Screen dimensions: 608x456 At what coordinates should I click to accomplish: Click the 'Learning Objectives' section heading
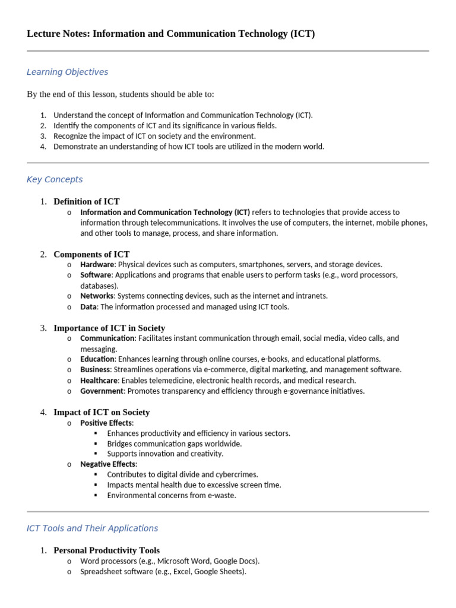coord(67,72)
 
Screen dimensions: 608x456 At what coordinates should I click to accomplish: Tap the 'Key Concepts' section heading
coord(55,179)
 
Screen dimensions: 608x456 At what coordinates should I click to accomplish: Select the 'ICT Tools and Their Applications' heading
coord(92,528)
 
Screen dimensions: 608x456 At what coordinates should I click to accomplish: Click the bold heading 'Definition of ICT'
coord(87,201)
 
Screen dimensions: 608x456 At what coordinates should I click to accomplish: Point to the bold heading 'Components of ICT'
coord(91,254)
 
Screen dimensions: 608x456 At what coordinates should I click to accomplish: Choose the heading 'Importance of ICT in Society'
coord(109,328)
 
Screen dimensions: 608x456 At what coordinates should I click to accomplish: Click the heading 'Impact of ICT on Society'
coord(102,412)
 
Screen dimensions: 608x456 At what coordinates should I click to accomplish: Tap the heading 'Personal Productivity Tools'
coord(106,550)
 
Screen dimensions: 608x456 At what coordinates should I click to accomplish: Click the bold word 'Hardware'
coord(97,264)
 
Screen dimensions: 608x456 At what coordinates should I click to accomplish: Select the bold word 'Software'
coord(96,275)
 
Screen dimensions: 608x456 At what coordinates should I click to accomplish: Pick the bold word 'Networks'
coord(97,296)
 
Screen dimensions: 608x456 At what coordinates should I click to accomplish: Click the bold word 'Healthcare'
coord(99,380)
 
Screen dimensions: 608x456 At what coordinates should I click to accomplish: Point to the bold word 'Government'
coord(102,391)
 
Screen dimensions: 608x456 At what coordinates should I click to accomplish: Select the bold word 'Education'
coord(97,359)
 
